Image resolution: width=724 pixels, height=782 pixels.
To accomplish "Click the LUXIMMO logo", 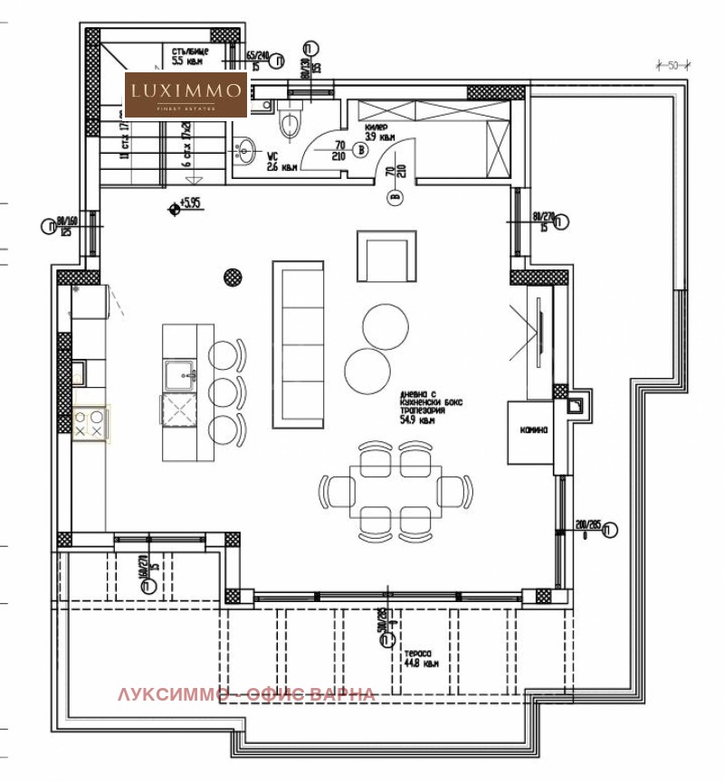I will [186, 94].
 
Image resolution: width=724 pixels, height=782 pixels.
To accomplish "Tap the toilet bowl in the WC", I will [291, 123].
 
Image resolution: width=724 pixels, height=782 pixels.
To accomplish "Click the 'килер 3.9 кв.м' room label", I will [377, 133].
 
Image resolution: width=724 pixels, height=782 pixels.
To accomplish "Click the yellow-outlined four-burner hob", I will [90, 424].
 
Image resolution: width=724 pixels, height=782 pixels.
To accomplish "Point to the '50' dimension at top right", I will [673, 65].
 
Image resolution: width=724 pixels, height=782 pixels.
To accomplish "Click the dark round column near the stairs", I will [233, 275].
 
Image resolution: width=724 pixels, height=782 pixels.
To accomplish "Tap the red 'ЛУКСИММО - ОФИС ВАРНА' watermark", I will [245, 694].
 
